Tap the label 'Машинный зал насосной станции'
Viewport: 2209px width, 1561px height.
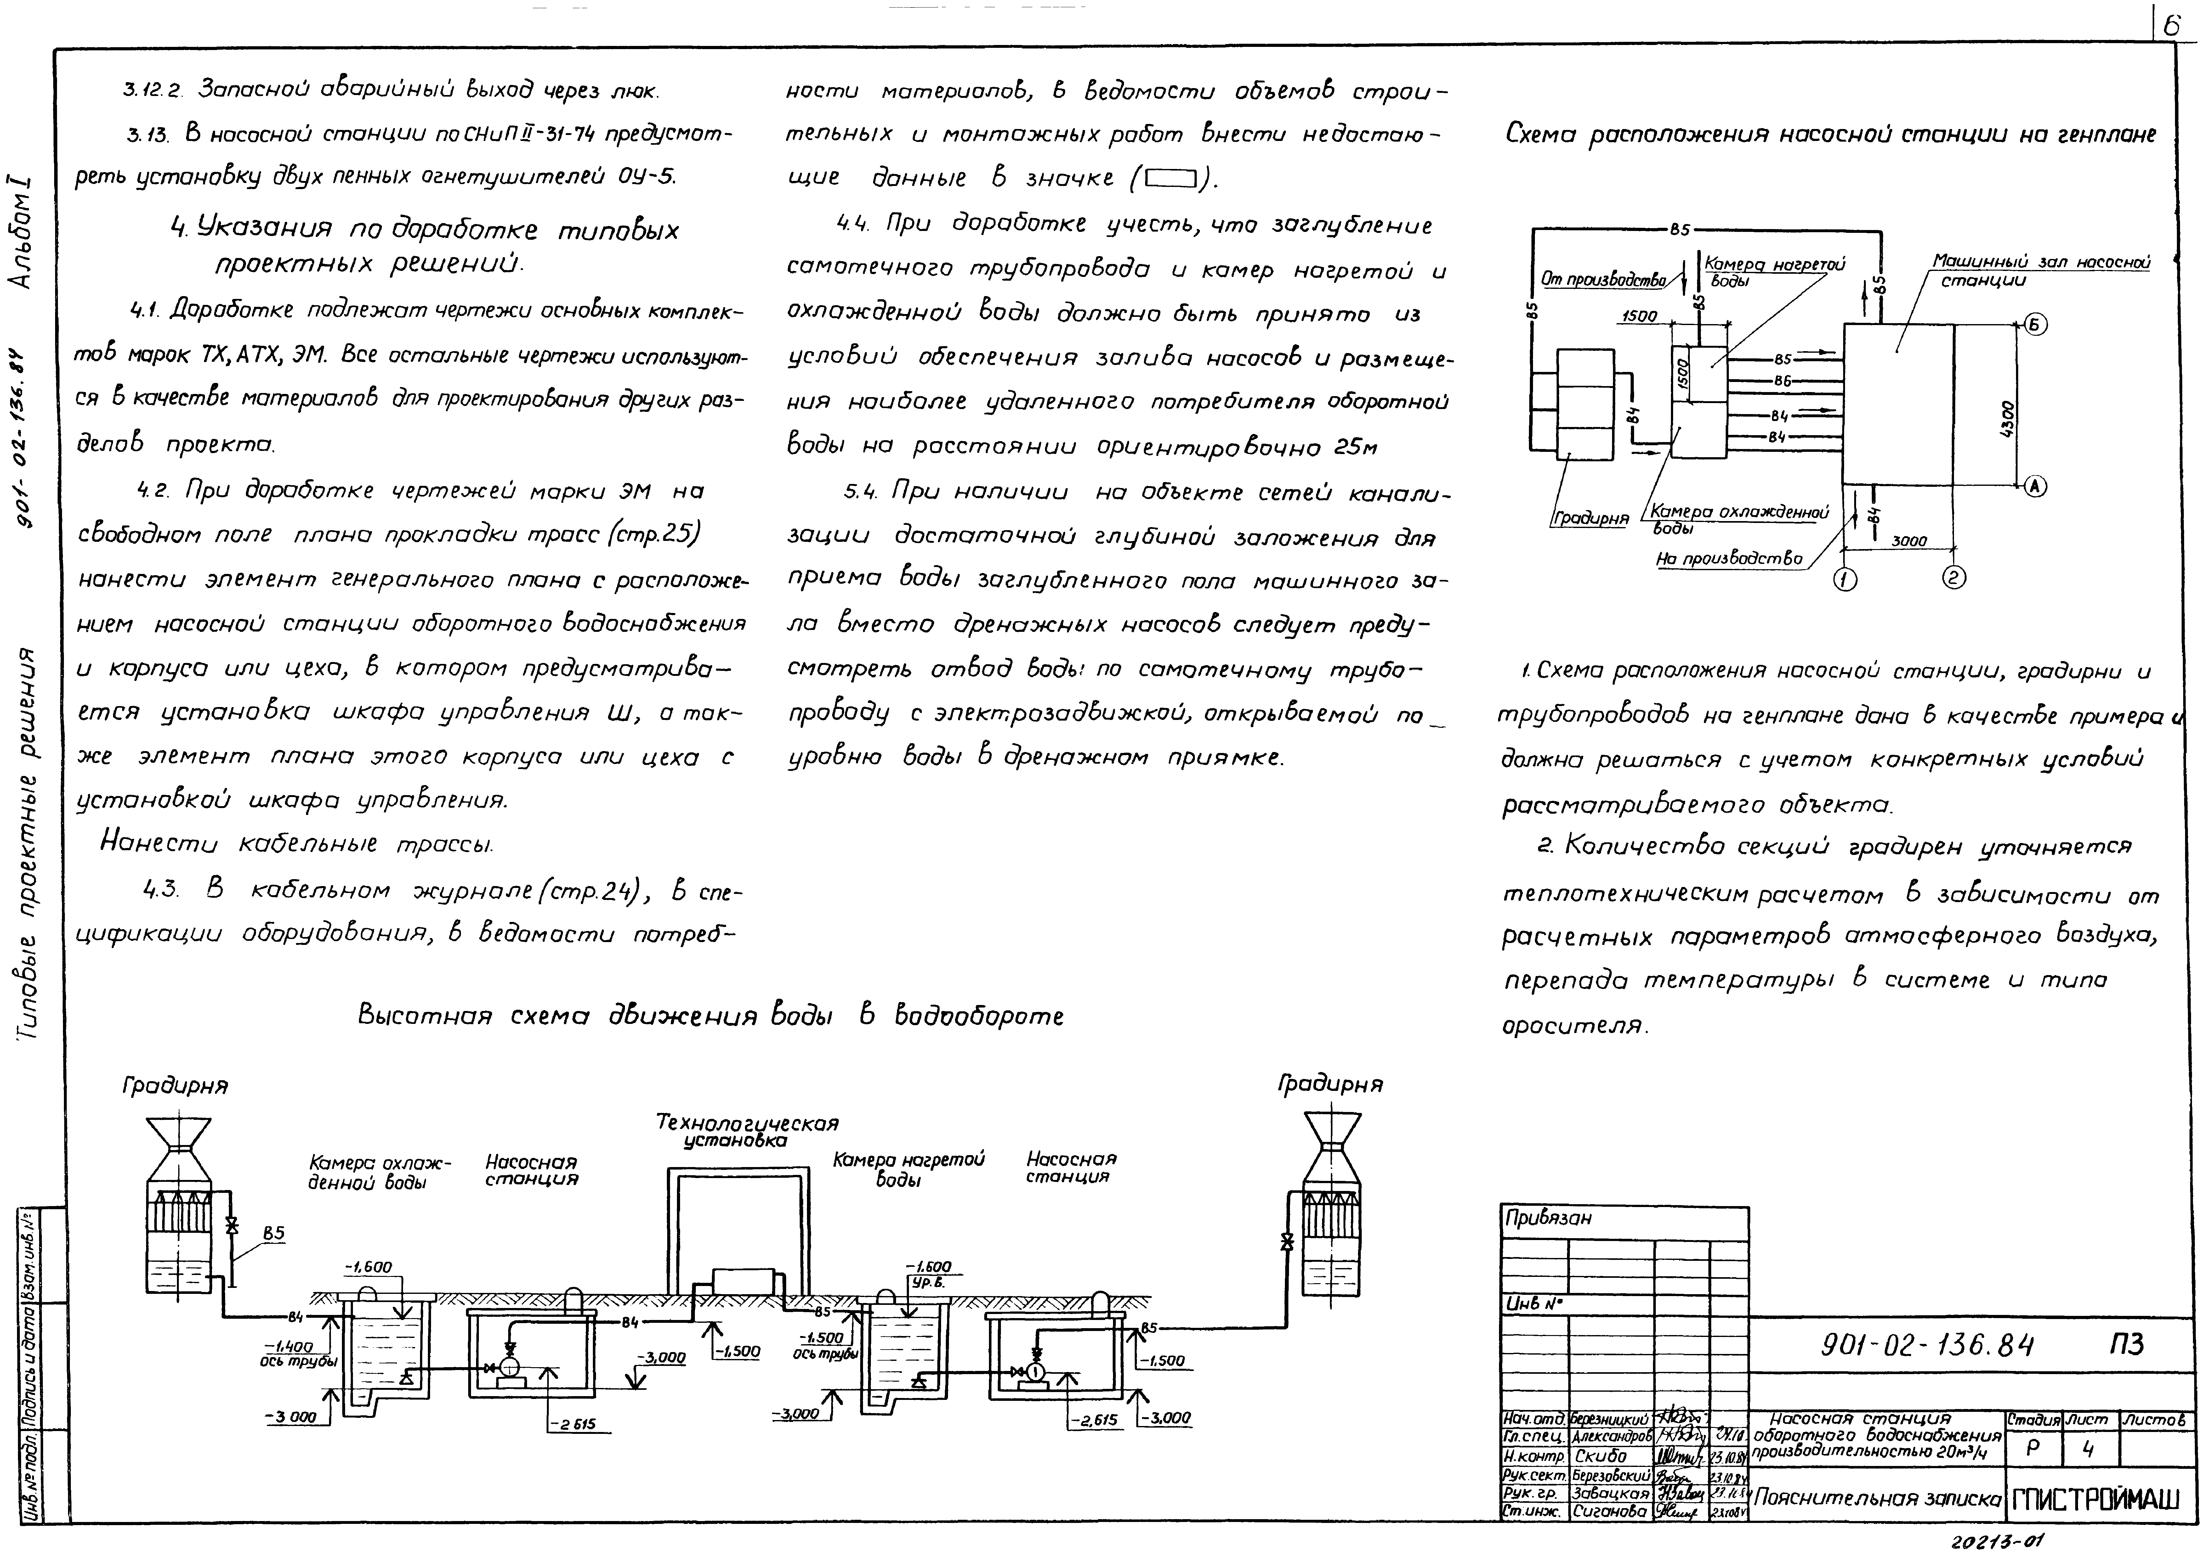coord(2040,270)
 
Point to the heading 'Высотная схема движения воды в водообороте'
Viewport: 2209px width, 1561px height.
coord(710,1016)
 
